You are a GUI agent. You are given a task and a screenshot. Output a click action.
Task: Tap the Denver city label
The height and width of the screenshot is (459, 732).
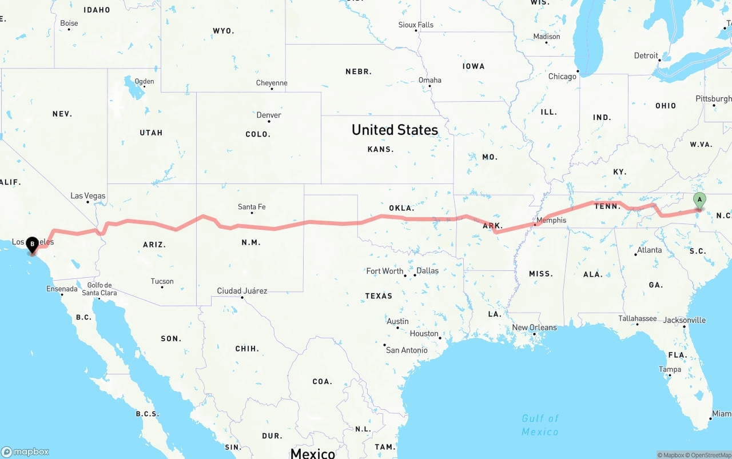point(269,115)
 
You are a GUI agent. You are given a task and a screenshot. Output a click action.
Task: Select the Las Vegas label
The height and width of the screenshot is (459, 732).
point(88,196)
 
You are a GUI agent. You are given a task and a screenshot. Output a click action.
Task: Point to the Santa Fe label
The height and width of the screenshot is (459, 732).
point(252,207)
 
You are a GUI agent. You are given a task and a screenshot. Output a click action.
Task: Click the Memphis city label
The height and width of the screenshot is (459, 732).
point(551,220)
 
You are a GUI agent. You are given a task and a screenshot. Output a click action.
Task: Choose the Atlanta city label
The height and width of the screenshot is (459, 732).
point(650,250)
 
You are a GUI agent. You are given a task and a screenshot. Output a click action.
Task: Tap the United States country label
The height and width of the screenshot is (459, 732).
point(395,130)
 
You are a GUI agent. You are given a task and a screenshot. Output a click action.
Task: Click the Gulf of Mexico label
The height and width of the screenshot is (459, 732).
point(540,425)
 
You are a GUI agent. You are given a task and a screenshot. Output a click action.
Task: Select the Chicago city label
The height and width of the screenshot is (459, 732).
point(562,77)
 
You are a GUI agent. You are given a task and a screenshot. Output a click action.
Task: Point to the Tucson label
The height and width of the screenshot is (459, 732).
point(162,281)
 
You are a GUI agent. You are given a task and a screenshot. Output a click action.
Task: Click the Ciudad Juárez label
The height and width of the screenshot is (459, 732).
point(242,291)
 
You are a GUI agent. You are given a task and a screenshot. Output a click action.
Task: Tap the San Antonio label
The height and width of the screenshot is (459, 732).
point(407,350)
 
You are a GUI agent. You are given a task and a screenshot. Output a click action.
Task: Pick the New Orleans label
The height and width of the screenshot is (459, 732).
point(534,328)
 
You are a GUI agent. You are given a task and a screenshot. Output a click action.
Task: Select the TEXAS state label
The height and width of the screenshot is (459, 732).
point(379,296)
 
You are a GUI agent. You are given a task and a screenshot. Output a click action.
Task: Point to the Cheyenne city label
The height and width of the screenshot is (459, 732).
point(272,83)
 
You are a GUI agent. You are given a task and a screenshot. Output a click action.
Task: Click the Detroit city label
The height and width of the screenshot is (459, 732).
point(646,55)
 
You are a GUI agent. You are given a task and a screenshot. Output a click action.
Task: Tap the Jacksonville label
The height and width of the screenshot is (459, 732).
point(685,320)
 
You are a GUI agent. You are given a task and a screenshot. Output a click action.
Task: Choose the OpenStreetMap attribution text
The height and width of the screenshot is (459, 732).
point(711,455)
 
